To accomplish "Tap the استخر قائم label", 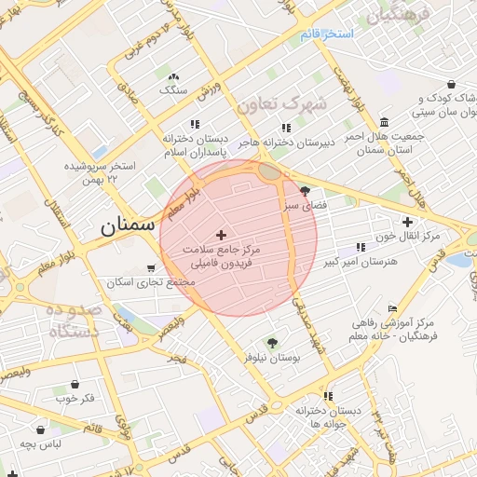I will (327, 34).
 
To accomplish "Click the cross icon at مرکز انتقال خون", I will (406, 222).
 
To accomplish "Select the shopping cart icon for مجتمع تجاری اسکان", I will (151, 268).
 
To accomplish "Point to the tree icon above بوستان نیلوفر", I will (272, 343).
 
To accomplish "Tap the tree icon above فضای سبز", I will (305, 190).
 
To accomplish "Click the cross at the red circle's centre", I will (221, 234).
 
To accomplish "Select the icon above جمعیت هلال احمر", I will (385, 123).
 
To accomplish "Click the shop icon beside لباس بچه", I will (41, 430).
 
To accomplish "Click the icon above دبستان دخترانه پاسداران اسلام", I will (194, 124).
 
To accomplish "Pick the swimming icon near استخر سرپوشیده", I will (101, 152).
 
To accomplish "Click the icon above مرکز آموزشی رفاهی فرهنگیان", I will (392, 308).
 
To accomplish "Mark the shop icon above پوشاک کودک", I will (451, 85).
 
